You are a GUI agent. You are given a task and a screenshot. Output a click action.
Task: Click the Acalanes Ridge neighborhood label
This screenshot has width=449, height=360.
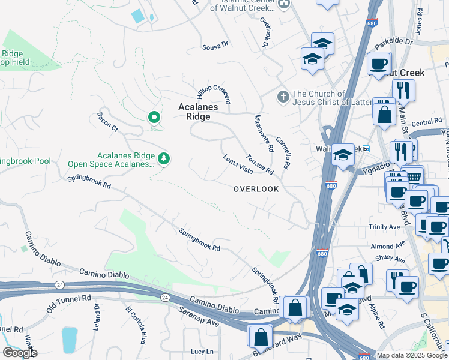(x=194, y=112)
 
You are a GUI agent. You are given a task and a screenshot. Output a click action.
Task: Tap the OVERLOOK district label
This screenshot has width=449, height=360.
(x=256, y=189)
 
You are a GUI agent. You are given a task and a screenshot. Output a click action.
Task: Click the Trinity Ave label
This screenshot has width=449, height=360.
(x=385, y=227)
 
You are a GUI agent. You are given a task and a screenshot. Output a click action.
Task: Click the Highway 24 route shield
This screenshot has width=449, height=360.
(x=163, y=297)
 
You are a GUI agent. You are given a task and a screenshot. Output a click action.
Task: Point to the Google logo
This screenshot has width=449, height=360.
(x=20, y=352)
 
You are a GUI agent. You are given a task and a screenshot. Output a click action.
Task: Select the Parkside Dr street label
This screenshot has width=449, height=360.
(x=394, y=43)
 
